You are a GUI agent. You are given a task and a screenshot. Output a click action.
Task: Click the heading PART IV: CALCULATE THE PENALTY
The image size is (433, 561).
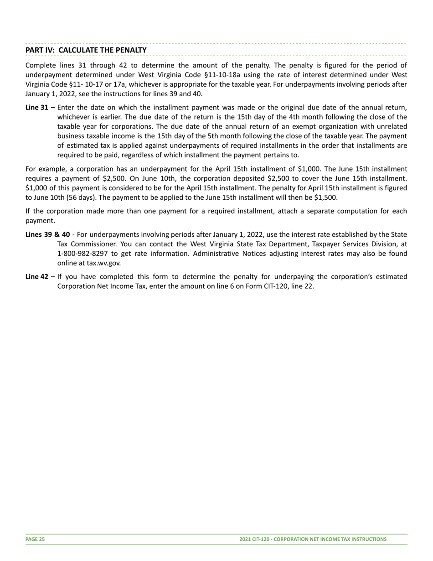[86, 50]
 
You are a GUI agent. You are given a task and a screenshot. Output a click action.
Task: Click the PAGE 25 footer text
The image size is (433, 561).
[35, 539]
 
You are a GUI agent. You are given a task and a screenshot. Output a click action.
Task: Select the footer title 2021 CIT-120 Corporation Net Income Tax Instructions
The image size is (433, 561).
[313, 539]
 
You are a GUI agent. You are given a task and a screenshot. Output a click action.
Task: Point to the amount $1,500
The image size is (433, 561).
[325, 197]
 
